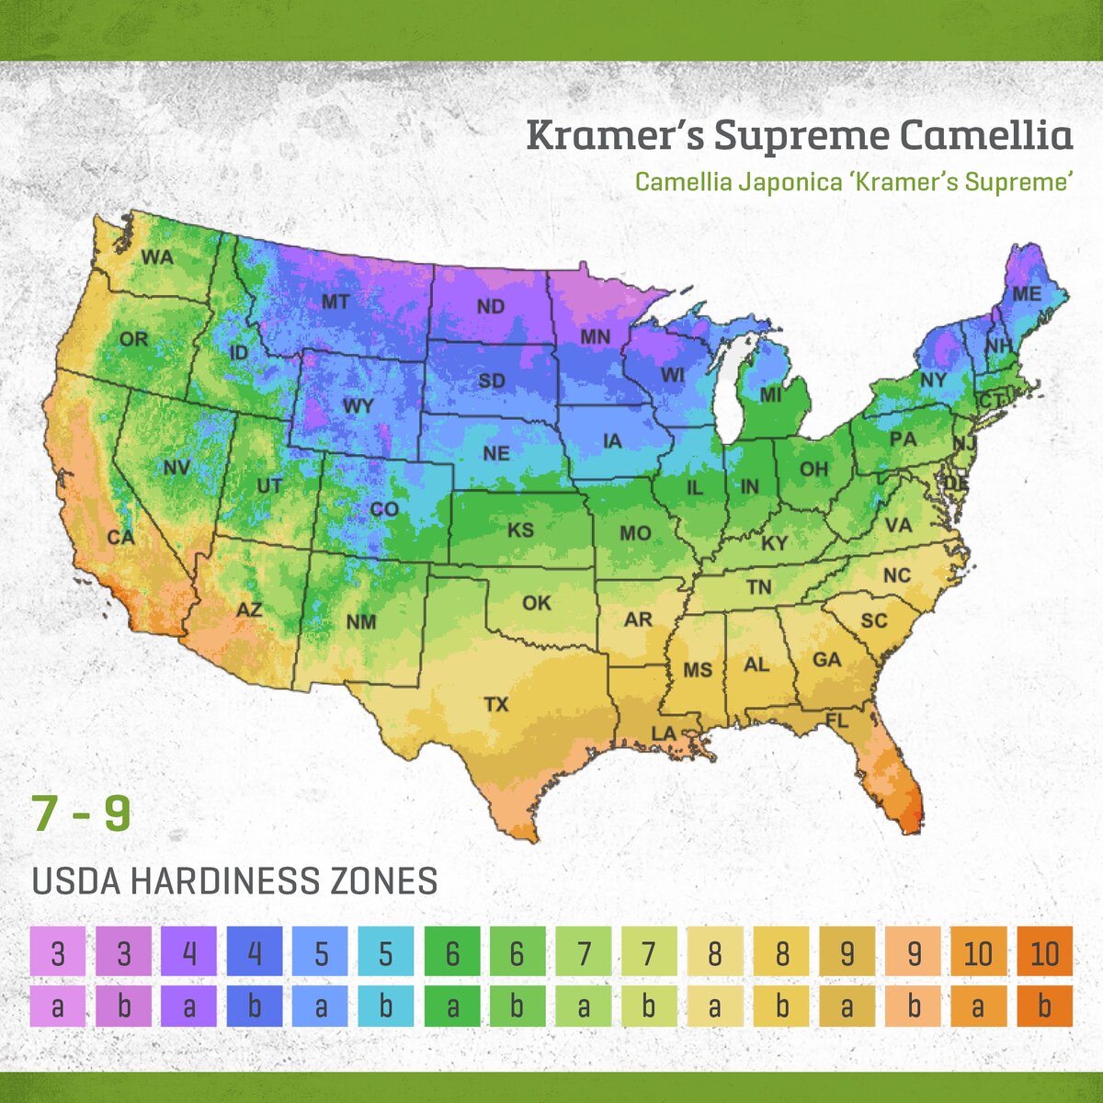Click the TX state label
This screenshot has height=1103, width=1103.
tap(496, 705)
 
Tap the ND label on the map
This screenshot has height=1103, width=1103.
tap(491, 306)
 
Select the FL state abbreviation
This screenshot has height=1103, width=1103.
tap(836, 722)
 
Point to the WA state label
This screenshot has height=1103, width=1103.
tap(157, 257)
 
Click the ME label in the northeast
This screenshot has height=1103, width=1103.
tap(1027, 294)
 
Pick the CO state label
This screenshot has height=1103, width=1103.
tap(384, 509)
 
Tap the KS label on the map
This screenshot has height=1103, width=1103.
tap(521, 530)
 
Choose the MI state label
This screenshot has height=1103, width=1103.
tap(770, 395)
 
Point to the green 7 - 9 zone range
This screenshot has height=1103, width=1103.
tap(81, 814)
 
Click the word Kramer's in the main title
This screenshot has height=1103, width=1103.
tap(614, 135)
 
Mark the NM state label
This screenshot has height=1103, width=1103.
tap(361, 622)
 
